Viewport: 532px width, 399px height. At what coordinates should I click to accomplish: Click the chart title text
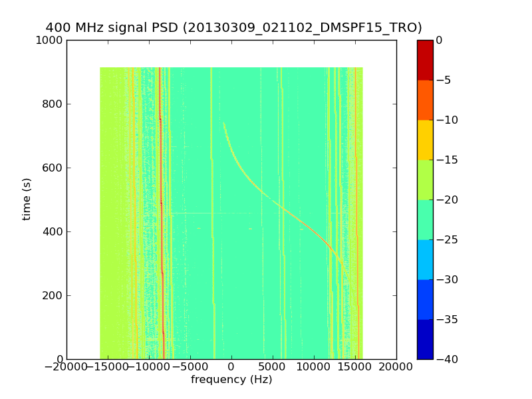coord(233,28)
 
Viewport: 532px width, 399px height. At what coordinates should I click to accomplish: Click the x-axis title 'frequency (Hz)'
coord(231,380)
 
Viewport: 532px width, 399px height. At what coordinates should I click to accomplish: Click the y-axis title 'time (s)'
coord(27,199)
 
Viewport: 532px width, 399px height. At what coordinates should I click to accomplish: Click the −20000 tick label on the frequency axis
coord(66,366)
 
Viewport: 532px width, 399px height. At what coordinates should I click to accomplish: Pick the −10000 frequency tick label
coord(149,366)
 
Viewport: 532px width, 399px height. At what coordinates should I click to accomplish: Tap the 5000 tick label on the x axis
coord(273,366)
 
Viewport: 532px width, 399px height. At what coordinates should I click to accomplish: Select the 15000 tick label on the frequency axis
coord(355,366)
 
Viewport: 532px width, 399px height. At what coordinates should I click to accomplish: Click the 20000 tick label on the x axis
coord(396,366)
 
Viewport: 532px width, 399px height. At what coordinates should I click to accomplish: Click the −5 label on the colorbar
coord(444,80)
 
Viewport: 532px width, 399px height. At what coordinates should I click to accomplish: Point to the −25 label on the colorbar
coord(447,239)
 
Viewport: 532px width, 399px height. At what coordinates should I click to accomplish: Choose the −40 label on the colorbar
coord(447,359)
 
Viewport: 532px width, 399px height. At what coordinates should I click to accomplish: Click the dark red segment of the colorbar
coord(425,60)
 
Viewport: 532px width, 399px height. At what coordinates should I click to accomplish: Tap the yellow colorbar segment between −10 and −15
coord(425,140)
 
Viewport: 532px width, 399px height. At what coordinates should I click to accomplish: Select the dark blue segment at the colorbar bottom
coord(425,339)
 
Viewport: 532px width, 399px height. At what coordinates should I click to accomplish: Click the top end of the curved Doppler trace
coord(223,123)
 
